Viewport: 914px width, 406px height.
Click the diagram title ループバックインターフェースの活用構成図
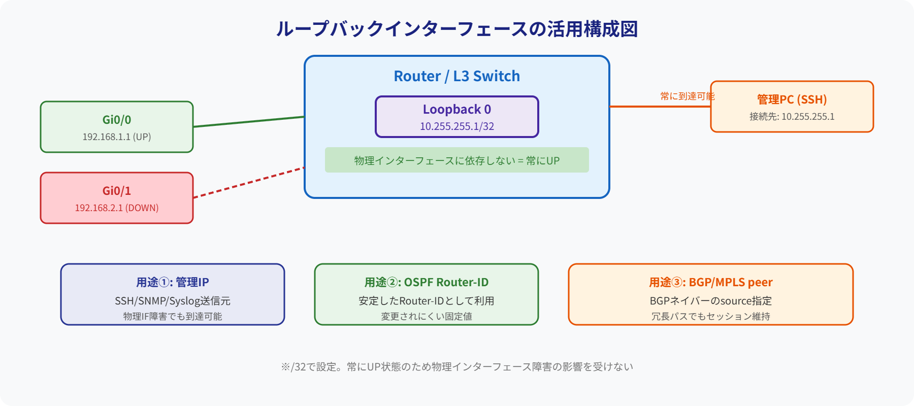pos(456,29)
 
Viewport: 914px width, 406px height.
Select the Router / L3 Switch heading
pos(456,76)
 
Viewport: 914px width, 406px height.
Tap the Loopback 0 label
pos(456,109)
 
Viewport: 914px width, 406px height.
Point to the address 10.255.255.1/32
pos(456,126)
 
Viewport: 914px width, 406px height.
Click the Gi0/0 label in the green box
pos(116,120)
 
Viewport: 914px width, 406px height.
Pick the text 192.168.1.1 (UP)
pos(116,137)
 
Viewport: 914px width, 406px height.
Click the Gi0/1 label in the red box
pos(116,191)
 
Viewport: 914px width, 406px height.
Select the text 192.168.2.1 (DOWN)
pos(116,208)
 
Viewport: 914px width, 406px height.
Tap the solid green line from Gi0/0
pos(249,122)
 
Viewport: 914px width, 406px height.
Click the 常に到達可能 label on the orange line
pos(687,96)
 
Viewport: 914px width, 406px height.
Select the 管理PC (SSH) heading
pos(792,99)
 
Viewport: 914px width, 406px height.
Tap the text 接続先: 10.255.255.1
pos(792,117)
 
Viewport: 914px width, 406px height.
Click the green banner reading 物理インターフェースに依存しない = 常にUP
pos(456,160)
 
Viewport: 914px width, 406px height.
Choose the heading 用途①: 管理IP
pos(172,282)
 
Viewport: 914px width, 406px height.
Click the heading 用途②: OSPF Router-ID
pos(426,282)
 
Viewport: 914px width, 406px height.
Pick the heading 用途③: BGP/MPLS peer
pos(710,282)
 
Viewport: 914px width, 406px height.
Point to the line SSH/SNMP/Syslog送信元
pos(172,301)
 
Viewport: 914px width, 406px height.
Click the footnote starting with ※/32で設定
pos(456,366)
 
